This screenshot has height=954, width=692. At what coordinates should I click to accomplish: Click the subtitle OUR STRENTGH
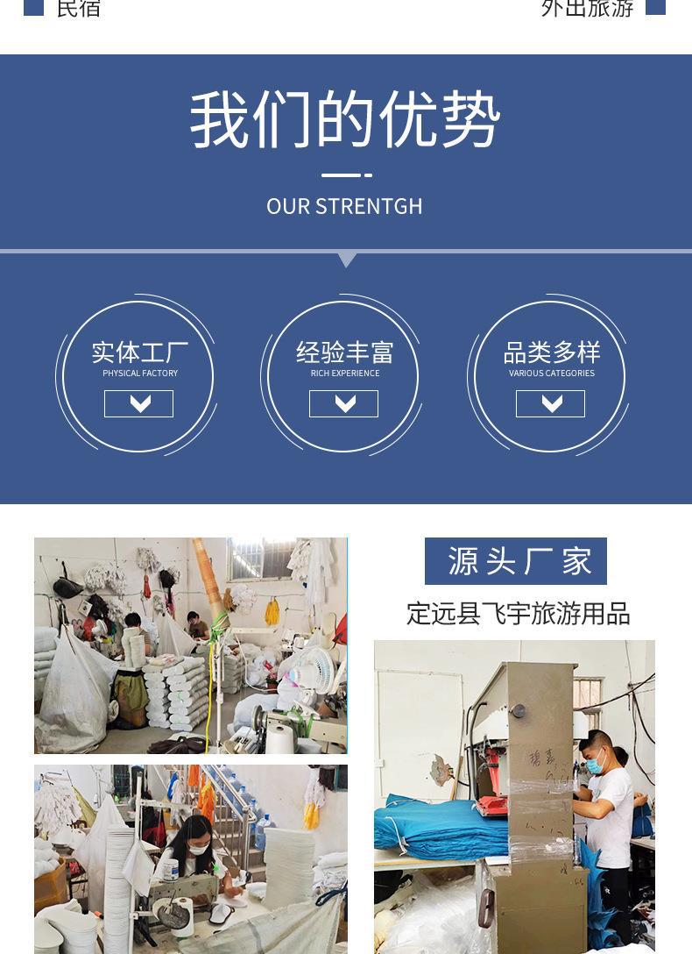pos(344,206)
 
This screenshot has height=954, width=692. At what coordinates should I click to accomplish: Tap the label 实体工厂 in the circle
pos(140,352)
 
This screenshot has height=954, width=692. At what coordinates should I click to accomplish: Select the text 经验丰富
pos(344,352)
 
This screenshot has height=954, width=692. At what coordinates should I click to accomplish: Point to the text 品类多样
pos(552,352)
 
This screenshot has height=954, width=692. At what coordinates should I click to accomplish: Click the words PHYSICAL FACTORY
pos(140,374)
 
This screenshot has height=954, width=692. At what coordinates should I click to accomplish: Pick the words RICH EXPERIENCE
pos(344,374)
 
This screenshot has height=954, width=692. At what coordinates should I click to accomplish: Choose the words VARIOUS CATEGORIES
pos(552,374)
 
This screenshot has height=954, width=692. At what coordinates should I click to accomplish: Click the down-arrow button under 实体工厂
pos(138,403)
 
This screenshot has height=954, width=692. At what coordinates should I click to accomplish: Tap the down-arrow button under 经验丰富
pos(343,403)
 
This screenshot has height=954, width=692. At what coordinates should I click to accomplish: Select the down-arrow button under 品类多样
pos(550,403)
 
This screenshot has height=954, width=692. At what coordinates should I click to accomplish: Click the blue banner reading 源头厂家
pos(516,561)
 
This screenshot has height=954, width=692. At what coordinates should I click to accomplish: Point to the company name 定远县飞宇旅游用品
pos(518,614)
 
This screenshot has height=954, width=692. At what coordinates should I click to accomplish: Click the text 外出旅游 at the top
pos(587,8)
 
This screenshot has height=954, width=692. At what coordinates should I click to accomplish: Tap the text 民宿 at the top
pos(78,8)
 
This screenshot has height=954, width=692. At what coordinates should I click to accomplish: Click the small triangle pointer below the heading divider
pos(347,260)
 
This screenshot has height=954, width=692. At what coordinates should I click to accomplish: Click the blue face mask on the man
pos(596,765)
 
